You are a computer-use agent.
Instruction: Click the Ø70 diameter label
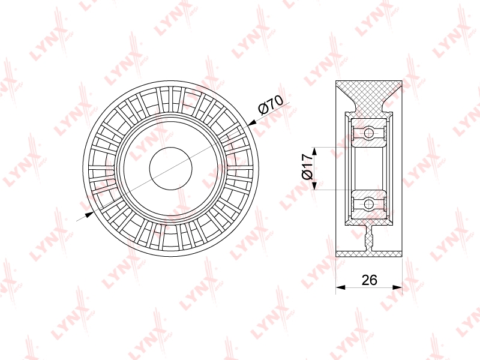(x=271, y=104)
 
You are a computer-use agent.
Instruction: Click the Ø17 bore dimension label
(x=307, y=167)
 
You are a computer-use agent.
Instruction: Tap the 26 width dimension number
(x=369, y=280)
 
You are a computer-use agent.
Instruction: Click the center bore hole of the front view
(x=171, y=168)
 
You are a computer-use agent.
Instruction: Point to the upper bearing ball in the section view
(x=369, y=133)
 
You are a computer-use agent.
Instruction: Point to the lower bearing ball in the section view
(x=369, y=203)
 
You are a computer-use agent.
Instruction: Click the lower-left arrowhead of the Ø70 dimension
(x=89, y=214)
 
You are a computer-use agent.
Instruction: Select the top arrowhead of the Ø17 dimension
(x=314, y=152)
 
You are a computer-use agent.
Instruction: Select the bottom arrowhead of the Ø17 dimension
(x=314, y=185)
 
